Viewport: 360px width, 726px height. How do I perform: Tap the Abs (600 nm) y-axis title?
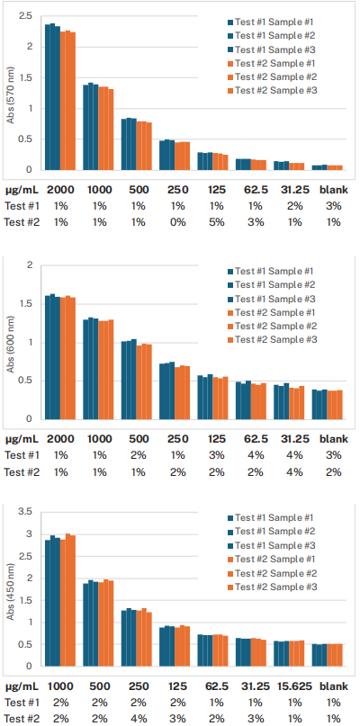pyautogui.click(x=10, y=344)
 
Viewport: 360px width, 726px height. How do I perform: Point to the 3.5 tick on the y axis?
pyautogui.click(x=26, y=512)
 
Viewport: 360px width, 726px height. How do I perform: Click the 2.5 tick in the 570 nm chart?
pyautogui.click(x=26, y=17)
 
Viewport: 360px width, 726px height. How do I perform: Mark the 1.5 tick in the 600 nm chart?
pyautogui.click(x=26, y=304)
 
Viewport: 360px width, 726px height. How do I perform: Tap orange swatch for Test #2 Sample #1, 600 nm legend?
pyautogui.click(x=229, y=312)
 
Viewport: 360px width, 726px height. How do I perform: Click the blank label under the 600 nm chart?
pyautogui.click(x=330, y=438)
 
